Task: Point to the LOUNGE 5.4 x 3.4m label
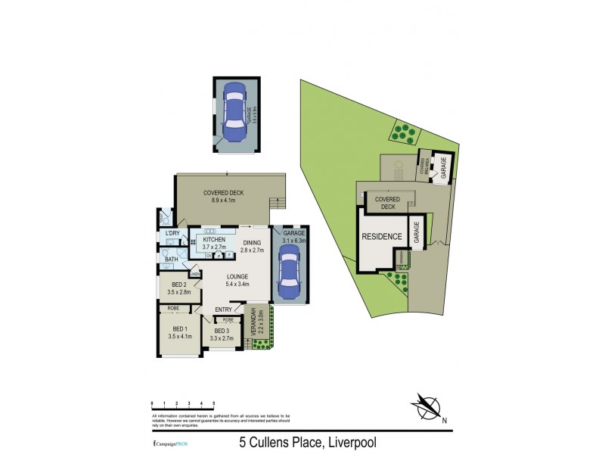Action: click(x=238, y=281)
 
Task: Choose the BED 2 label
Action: click(x=178, y=288)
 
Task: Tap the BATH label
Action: click(x=172, y=260)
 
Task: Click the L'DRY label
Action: click(x=172, y=233)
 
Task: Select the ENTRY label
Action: click(x=223, y=309)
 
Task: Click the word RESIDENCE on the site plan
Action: click(x=381, y=237)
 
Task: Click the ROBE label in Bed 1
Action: click(x=173, y=309)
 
